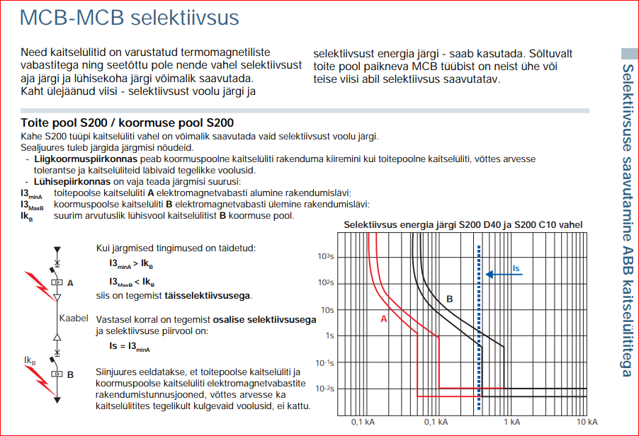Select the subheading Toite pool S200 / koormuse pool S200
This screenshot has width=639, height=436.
[127, 123]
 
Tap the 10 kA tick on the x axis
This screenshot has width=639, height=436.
[586, 423]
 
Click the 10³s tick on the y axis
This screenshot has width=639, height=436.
[326, 256]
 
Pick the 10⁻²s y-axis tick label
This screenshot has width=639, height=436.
[325, 389]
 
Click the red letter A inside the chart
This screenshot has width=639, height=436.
[384, 319]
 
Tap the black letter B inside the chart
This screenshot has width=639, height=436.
[449, 299]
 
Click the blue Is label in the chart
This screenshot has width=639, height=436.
[516, 268]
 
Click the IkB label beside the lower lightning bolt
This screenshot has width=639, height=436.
[30, 361]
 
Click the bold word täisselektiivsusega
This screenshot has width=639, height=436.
[207, 295]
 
